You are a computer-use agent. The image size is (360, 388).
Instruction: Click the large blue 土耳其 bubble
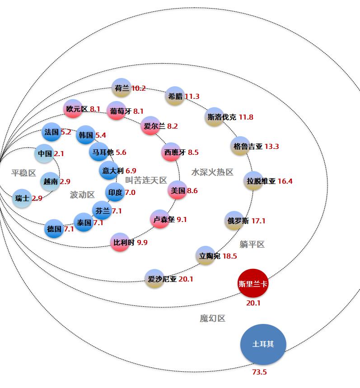coord(263,344)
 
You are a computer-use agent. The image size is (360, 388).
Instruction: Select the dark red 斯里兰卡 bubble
coord(253,284)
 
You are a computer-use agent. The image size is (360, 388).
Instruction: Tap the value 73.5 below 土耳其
coord(259,372)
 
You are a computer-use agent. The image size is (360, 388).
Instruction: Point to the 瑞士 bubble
coord(22,198)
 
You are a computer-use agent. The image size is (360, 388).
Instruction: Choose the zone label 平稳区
coord(23,173)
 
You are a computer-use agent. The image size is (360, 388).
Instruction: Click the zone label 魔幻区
coord(212,319)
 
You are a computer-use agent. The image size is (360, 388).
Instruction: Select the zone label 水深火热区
coord(212,172)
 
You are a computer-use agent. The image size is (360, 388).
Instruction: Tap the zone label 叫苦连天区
coord(146,180)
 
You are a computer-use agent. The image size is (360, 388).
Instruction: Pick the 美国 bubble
coord(178,190)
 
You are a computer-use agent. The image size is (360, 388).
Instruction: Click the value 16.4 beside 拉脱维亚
coord(285,181)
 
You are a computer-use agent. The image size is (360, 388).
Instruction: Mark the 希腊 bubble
coord(174,96)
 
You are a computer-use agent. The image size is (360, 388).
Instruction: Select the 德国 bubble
coord(55,229)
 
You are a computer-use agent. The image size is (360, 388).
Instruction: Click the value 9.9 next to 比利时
coord(142,243)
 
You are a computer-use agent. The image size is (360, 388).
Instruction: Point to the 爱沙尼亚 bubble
coord(154,279)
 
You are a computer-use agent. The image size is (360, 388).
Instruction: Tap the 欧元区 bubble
coord(73,109)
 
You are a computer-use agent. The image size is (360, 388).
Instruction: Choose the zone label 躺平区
coord(252,245)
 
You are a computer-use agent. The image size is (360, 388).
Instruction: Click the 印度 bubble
coord(115,193)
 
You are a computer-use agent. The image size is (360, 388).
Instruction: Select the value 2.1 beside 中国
coord(59,154)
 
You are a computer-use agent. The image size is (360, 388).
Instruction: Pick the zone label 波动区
coord(82,195)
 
